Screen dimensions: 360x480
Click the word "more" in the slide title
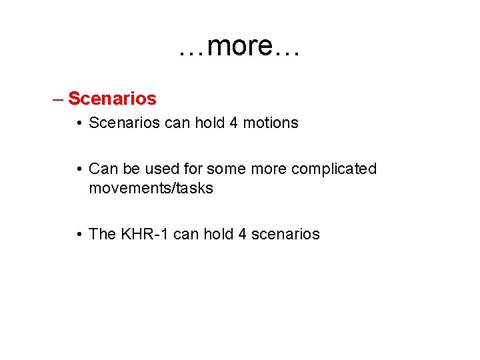point(240,47)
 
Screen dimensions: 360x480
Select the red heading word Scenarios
point(112,99)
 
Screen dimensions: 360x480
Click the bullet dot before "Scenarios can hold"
point(79,123)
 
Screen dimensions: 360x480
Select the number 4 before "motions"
point(238,123)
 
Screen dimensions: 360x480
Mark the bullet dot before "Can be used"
point(79,169)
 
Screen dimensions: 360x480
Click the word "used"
point(157,169)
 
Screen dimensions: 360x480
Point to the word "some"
point(222,169)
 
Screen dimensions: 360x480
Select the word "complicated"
point(334,169)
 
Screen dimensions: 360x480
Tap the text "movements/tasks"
point(151,189)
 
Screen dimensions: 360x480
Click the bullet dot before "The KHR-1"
point(79,235)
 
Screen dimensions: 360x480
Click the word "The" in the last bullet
point(102,234)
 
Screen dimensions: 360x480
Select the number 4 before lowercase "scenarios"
point(242,234)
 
